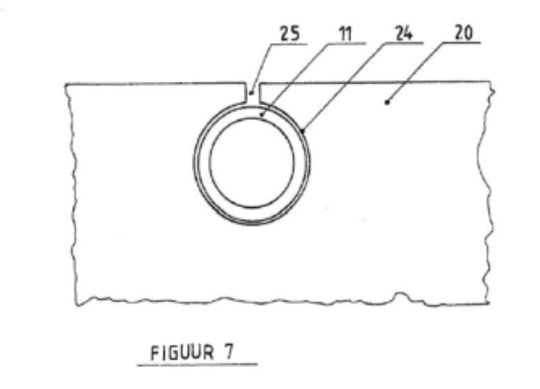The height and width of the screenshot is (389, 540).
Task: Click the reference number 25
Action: click(x=290, y=34)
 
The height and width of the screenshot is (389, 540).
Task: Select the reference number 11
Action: click(x=346, y=34)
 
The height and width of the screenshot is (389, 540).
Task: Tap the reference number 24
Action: click(x=403, y=34)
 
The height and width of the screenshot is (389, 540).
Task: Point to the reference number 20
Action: click(x=464, y=33)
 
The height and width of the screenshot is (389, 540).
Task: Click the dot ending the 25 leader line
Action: click(x=251, y=93)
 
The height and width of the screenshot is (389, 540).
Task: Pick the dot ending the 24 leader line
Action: click(x=302, y=131)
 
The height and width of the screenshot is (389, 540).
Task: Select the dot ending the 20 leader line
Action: click(x=387, y=102)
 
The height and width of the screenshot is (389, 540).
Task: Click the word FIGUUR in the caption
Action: click(x=182, y=353)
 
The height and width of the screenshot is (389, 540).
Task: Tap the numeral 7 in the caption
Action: click(x=229, y=351)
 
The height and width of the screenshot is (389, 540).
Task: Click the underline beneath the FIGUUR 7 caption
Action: click(x=197, y=365)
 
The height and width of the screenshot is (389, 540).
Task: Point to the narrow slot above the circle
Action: click(x=252, y=93)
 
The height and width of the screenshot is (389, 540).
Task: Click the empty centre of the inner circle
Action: click(x=252, y=162)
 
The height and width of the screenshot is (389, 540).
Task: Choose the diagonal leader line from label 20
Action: click(x=415, y=72)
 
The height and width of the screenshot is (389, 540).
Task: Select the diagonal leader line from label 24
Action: click(x=344, y=87)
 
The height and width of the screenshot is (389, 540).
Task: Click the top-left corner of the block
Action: click(x=65, y=84)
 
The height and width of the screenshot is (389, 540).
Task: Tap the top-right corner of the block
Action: click(x=490, y=81)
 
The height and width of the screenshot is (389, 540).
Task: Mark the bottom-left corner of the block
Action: click(x=77, y=305)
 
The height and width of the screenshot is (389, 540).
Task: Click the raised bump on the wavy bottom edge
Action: click(x=400, y=295)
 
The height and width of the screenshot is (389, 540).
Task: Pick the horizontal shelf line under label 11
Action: click(x=346, y=43)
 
